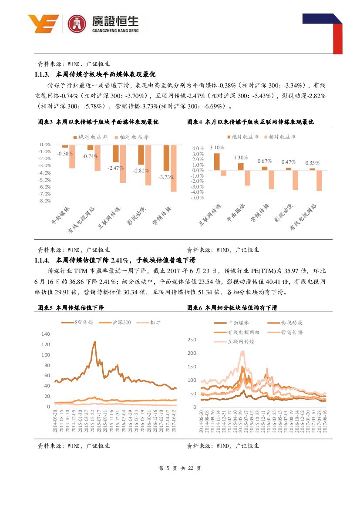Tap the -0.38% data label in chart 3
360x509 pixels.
point(64,154)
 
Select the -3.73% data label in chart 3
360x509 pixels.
point(166,177)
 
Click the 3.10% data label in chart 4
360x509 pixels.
point(216,148)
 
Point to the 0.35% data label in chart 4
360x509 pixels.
point(312,163)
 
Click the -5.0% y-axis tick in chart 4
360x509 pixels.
point(198,197)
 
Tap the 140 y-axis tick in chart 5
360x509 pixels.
point(46,334)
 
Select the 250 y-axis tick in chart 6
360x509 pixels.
point(192,340)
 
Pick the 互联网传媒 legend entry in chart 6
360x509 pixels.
point(235,341)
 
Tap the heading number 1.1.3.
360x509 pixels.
point(44,74)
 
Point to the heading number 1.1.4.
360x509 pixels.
point(44,260)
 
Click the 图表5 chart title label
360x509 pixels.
point(45,308)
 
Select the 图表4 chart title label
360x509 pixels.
point(195,122)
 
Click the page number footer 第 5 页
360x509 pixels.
point(167,469)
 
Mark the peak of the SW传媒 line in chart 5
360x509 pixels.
point(94,342)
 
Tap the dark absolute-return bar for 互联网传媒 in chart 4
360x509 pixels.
point(216,162)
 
